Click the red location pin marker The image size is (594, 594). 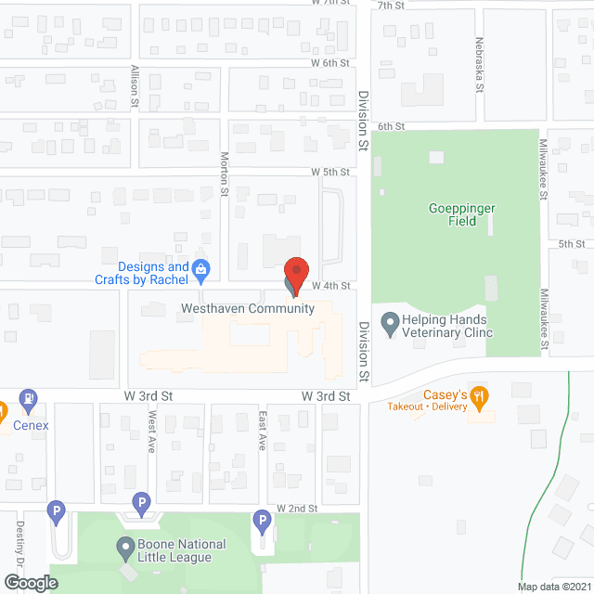click(x=295, y=273)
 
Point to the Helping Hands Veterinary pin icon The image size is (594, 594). click(x=390, y=326)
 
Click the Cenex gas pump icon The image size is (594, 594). click(x=29, y=401)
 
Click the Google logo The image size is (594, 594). click(x=30, y=582)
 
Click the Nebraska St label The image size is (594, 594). click(x=479, y=65)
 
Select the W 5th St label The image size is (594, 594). click(x=330, y=172)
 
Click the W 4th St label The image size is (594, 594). click(x=330, y=285)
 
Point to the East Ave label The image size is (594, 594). click(x=263, y=429)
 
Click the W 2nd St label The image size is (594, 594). click(x=297, y=509)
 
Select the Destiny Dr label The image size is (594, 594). click(x=19, y=543)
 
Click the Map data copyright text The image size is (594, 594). click(x=554, y=586)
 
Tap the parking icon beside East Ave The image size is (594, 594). click(x=262, y=524)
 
